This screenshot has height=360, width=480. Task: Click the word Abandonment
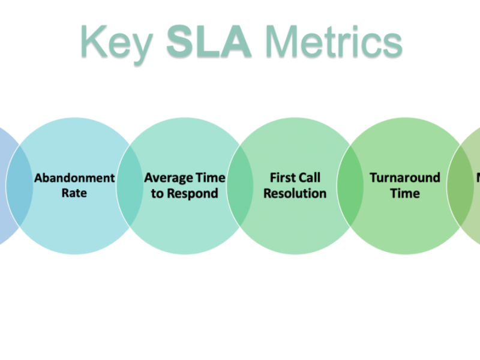pyautogui.click(x=74, y=178)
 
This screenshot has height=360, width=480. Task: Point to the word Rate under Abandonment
pyautogui.click(x=74, y=193)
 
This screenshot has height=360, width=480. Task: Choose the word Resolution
pyautogui.click(x=295, y=193)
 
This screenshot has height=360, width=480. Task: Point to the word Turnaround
pyautogui.click(x=405, y=178)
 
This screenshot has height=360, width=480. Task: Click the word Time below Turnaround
pyautogui.click(x=405, y=193)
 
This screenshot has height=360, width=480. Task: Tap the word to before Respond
pyautogui.click(x=157, y=193)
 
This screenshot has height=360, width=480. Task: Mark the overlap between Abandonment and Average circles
pyautogui.click(x=130, y=186)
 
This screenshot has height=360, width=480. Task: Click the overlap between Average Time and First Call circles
pyautogui.click(x=241, y=186)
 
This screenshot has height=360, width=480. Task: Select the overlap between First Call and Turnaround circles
pyautogui.click(x=350, y=186)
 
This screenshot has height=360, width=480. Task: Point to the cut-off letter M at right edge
pyautogui.click(x=478, y=178)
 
